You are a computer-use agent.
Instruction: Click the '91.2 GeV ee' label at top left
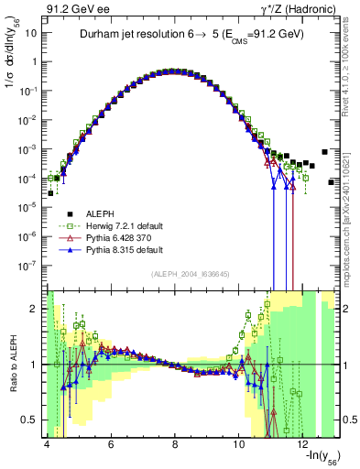pos(71,8)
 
